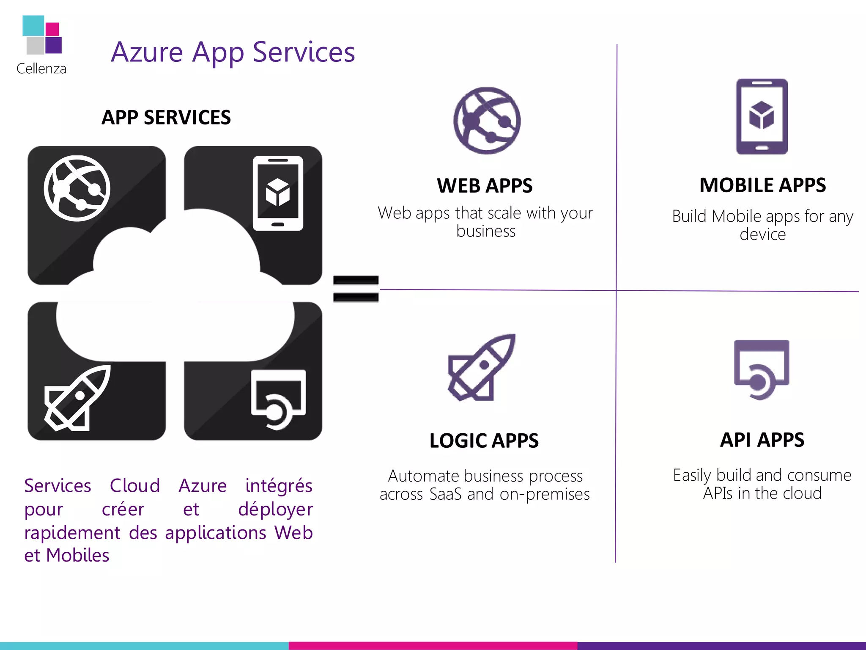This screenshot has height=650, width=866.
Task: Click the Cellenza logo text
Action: pos(41,69)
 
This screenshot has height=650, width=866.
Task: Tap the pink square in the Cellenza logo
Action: pos(52,29)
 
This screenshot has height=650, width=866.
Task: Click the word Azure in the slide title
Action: pos(147,52)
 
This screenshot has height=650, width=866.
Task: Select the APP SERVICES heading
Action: pos(166,118)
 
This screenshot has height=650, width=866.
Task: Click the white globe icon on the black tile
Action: pos(77,188)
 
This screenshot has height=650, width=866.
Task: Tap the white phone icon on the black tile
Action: pos(278,193)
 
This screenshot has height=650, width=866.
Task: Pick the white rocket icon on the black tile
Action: pos(78,398)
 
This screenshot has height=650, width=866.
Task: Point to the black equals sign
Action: pos(356,289)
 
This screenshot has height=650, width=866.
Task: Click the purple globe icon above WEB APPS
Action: pos(487,121)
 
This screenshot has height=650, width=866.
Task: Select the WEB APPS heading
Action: pos(485,186)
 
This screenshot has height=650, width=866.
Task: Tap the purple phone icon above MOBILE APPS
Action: pos(762,116)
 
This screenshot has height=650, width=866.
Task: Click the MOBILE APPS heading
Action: pos(762,185)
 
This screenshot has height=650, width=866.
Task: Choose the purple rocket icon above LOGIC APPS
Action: pos(482,367)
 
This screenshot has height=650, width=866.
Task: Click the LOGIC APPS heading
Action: pos(484,441)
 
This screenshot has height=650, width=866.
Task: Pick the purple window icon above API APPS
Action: pos(761,369)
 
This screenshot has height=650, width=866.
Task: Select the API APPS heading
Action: pos(762,440)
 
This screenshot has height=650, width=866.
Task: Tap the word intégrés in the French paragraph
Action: pos(279,486)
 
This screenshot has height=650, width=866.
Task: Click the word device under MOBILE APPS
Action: pos(762,234)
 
